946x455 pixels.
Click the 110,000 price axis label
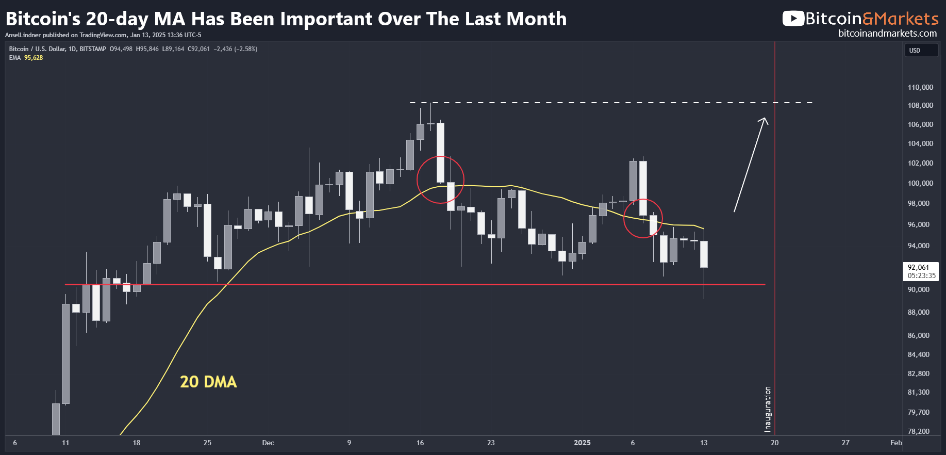coord(920,87)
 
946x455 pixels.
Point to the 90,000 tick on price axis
coord(919,289)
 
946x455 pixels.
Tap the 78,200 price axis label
coord(919,431)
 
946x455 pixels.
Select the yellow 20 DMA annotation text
coord(208,382)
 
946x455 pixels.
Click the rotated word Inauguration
coord(768,409)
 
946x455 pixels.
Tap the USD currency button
coord(915,51)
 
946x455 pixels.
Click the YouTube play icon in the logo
coord(793,19)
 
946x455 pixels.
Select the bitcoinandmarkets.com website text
coord(888,34)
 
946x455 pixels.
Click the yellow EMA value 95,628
coord(34,58)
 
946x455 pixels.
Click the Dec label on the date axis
coord(268,443)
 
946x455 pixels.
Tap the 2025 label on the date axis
coord(583,443)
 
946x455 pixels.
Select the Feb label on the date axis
coord(896,443)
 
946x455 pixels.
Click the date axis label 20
coord(775,443)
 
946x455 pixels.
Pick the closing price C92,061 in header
coord(198,49)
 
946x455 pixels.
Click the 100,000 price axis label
coord(920,183)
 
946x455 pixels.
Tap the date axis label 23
coord(491,443)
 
